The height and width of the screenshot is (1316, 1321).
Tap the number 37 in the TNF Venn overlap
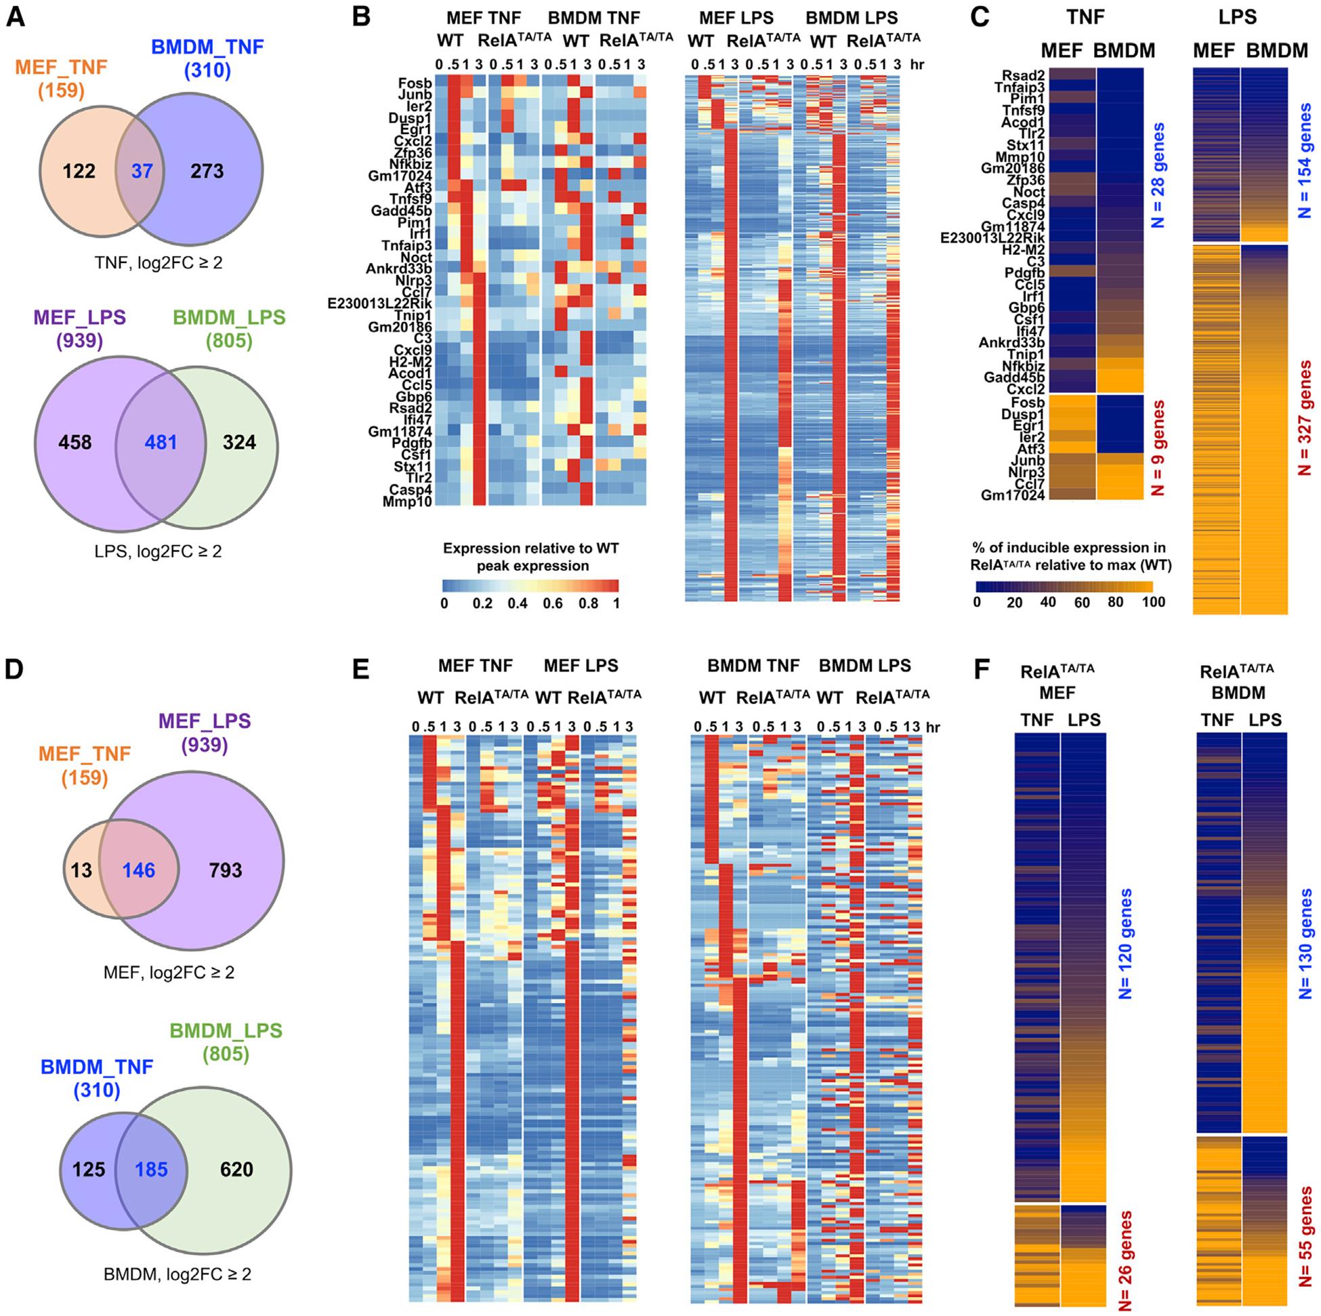(142, 171)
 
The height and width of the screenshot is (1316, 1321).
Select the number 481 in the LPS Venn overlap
(161, 443)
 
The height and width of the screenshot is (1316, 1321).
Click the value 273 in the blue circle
(207, 171)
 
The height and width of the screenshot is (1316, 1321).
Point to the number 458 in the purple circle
(75, 443)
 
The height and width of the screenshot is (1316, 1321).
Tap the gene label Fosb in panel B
(415, 83)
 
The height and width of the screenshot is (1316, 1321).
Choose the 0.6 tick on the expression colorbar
(553, 603)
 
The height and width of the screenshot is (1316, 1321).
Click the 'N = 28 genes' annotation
(1157, 175)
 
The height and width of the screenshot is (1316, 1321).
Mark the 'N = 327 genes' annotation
(1305, 419)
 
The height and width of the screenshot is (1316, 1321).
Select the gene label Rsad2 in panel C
(1023, 76)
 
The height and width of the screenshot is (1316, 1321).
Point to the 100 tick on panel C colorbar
(1154, 602)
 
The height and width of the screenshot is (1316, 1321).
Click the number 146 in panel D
(139, 870)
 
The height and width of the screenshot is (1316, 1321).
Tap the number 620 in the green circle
(236, 1169)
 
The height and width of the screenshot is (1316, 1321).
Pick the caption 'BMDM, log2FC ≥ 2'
(177, 1273)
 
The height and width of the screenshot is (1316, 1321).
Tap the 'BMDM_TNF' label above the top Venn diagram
(207, 47)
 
